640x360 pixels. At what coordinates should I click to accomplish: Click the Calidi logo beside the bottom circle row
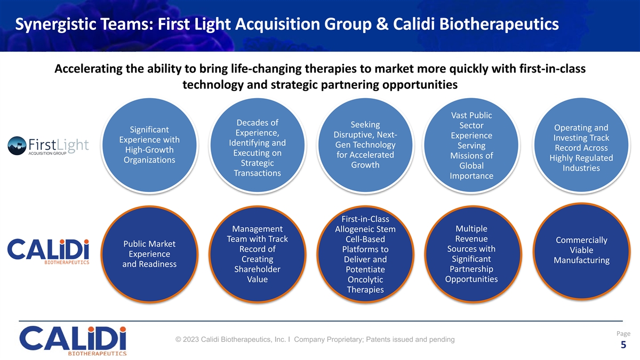pos(49,252)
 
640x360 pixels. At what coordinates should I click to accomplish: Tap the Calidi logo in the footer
pos(74,340)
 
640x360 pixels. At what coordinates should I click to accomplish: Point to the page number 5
pos(623,346)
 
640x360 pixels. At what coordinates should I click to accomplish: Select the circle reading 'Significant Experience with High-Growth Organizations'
pos(150,145)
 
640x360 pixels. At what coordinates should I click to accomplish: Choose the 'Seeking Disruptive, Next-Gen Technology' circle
pos(365,145)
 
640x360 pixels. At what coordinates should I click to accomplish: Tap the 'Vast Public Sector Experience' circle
pos(471,146)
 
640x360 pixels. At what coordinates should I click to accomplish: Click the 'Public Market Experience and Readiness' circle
pos(150,254)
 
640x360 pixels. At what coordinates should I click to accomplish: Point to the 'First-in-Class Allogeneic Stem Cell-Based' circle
pos(365,254)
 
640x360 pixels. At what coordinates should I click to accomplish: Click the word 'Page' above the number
pos(623,333)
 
